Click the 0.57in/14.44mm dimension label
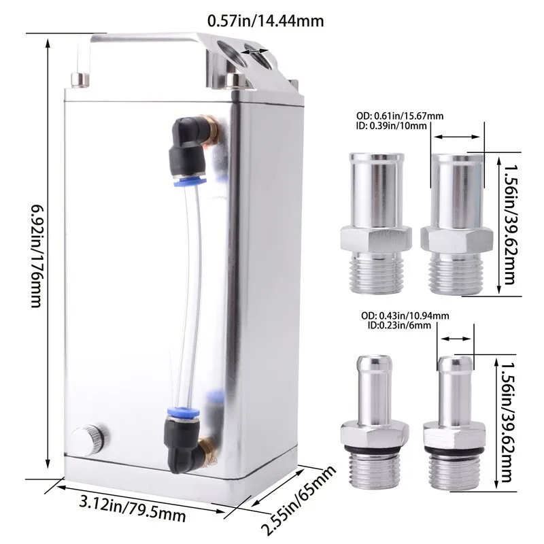point(265,21)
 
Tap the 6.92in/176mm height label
point(37,256)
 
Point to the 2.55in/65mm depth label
point(299,500)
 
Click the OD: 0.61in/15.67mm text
point(400,116)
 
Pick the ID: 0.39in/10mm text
point(392,126)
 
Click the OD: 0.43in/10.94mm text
point(405,316)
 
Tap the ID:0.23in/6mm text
point(399,326)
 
